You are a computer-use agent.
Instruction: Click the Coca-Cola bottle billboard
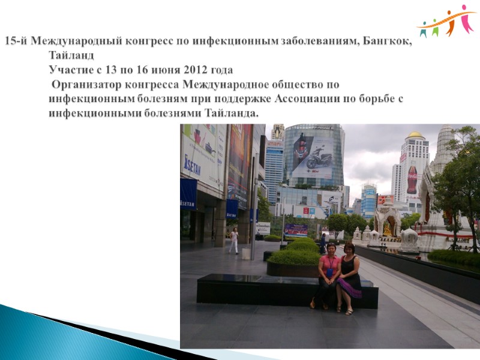[x=412, y=178]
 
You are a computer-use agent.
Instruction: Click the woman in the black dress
[x=349, y=276]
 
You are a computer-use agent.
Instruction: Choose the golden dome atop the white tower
[x=415, y=134]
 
